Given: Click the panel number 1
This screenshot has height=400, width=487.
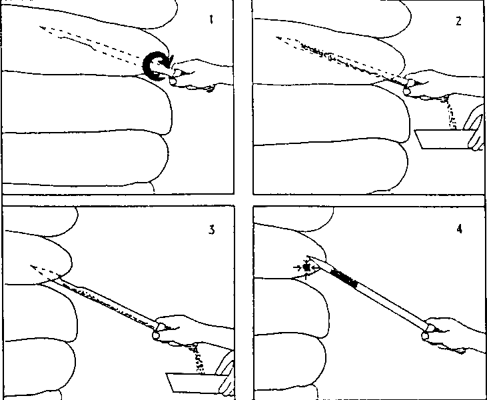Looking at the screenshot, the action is click(211, 20).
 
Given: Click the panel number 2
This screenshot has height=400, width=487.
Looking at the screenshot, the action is click(458, 21).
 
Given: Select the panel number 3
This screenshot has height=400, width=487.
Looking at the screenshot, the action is click(211, 230).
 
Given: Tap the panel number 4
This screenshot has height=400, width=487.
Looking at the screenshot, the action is click(460, 229).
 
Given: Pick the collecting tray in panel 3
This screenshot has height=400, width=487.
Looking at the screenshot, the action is click(194, 382).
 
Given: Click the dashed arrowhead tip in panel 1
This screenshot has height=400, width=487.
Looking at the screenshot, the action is click(41, 27).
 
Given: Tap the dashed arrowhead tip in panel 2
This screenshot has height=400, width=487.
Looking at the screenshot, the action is click(276, 38).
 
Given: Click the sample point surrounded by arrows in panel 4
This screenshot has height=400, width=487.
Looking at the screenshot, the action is click(306, 267).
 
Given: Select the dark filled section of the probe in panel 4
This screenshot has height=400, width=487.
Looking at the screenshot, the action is click(344, 279).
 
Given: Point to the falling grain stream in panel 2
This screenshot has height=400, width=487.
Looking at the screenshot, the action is click(451, 114).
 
